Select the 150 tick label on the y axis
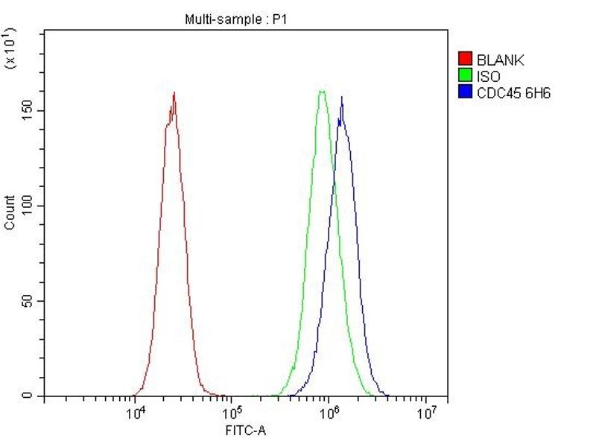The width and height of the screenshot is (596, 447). click(x=28, y=110)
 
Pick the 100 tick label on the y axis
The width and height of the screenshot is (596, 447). click(x=28, y=206)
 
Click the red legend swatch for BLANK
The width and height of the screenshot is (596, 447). click(x=466, y=60)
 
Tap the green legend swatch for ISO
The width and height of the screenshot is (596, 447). click(x=466, y=76)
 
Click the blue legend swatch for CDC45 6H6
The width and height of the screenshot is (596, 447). click(x=466, y=92)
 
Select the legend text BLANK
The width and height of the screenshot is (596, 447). click(x=501, y=60)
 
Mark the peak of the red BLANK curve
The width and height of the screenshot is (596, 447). click(x=174, y=93)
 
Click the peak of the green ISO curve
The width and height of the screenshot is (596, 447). click(x=322, y=91)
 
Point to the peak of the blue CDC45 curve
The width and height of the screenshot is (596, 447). click(x=341, y=97)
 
